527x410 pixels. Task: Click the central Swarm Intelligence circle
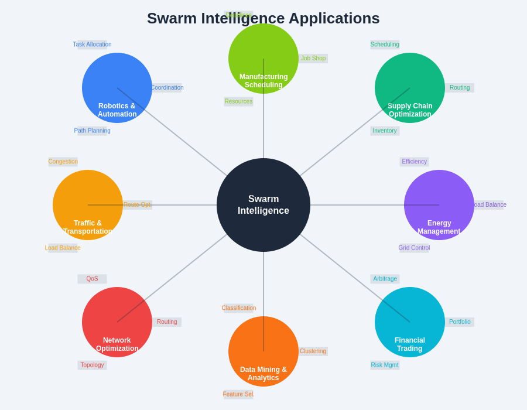(x=263, y=205)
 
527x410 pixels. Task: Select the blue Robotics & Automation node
(x=117, y=88)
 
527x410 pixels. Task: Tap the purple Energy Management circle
(x=439, y=205)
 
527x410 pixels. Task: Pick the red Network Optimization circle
(x=117, y=322)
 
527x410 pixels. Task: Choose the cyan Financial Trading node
(x=410, y=322)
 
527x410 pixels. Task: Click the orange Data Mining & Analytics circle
(x=263, y=351)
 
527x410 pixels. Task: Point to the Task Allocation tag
(x=92, y=45)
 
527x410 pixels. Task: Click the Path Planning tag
(x=92, y=131)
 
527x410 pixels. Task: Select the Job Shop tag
(x=313, y=59)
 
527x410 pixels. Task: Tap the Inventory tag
(x=385, y=131)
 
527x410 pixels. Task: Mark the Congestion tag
(x=63, y=162)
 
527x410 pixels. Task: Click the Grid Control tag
(x=414, y=248)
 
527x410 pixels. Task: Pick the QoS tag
(x=92, y=279)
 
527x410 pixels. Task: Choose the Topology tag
(x=92, y=365)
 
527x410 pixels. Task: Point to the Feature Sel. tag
(x=238, y=394)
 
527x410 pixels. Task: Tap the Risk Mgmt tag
(x=385, y=365)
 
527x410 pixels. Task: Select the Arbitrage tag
(x=385, y=279)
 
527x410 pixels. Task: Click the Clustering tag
(x=313, y=351)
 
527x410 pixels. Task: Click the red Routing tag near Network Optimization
(x=167, y=322)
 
